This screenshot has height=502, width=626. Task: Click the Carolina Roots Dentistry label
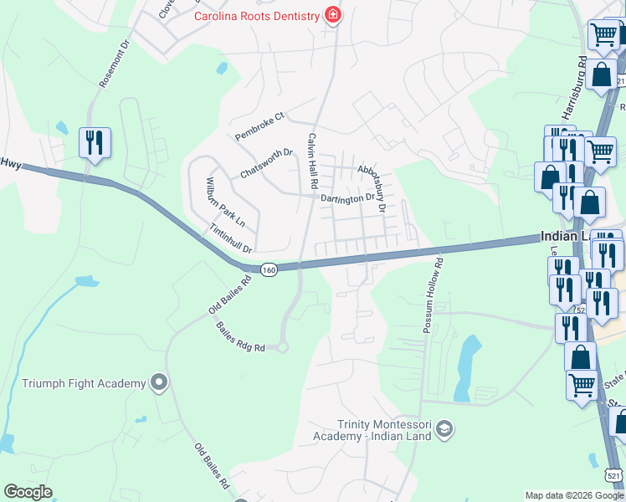point(257,16)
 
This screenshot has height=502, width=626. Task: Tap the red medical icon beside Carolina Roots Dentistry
point(333,16)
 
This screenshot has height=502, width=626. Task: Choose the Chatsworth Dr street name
point(266,163)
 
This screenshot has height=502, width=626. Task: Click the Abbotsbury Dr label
point(372,186)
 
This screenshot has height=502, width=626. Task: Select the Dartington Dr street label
point(347,198)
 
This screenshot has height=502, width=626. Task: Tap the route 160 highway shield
point(268,269)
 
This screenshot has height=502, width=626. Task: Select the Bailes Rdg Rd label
point(240,336)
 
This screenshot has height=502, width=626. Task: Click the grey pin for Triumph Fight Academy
point(159,383)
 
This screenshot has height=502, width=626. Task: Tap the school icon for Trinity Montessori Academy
point(444,430)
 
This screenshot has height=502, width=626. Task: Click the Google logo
point(28,492)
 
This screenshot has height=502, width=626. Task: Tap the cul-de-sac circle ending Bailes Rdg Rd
point(282,346)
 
